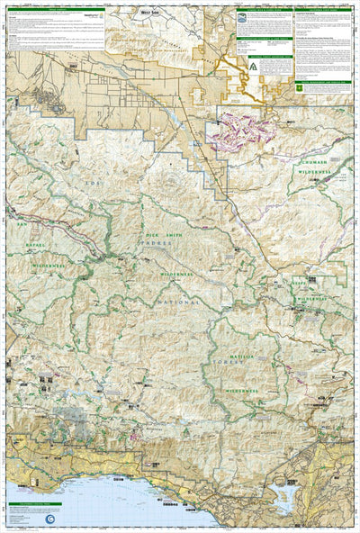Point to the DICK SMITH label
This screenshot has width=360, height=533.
click(x=157, y=233)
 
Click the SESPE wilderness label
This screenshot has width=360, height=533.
click(x=313, y=282)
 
